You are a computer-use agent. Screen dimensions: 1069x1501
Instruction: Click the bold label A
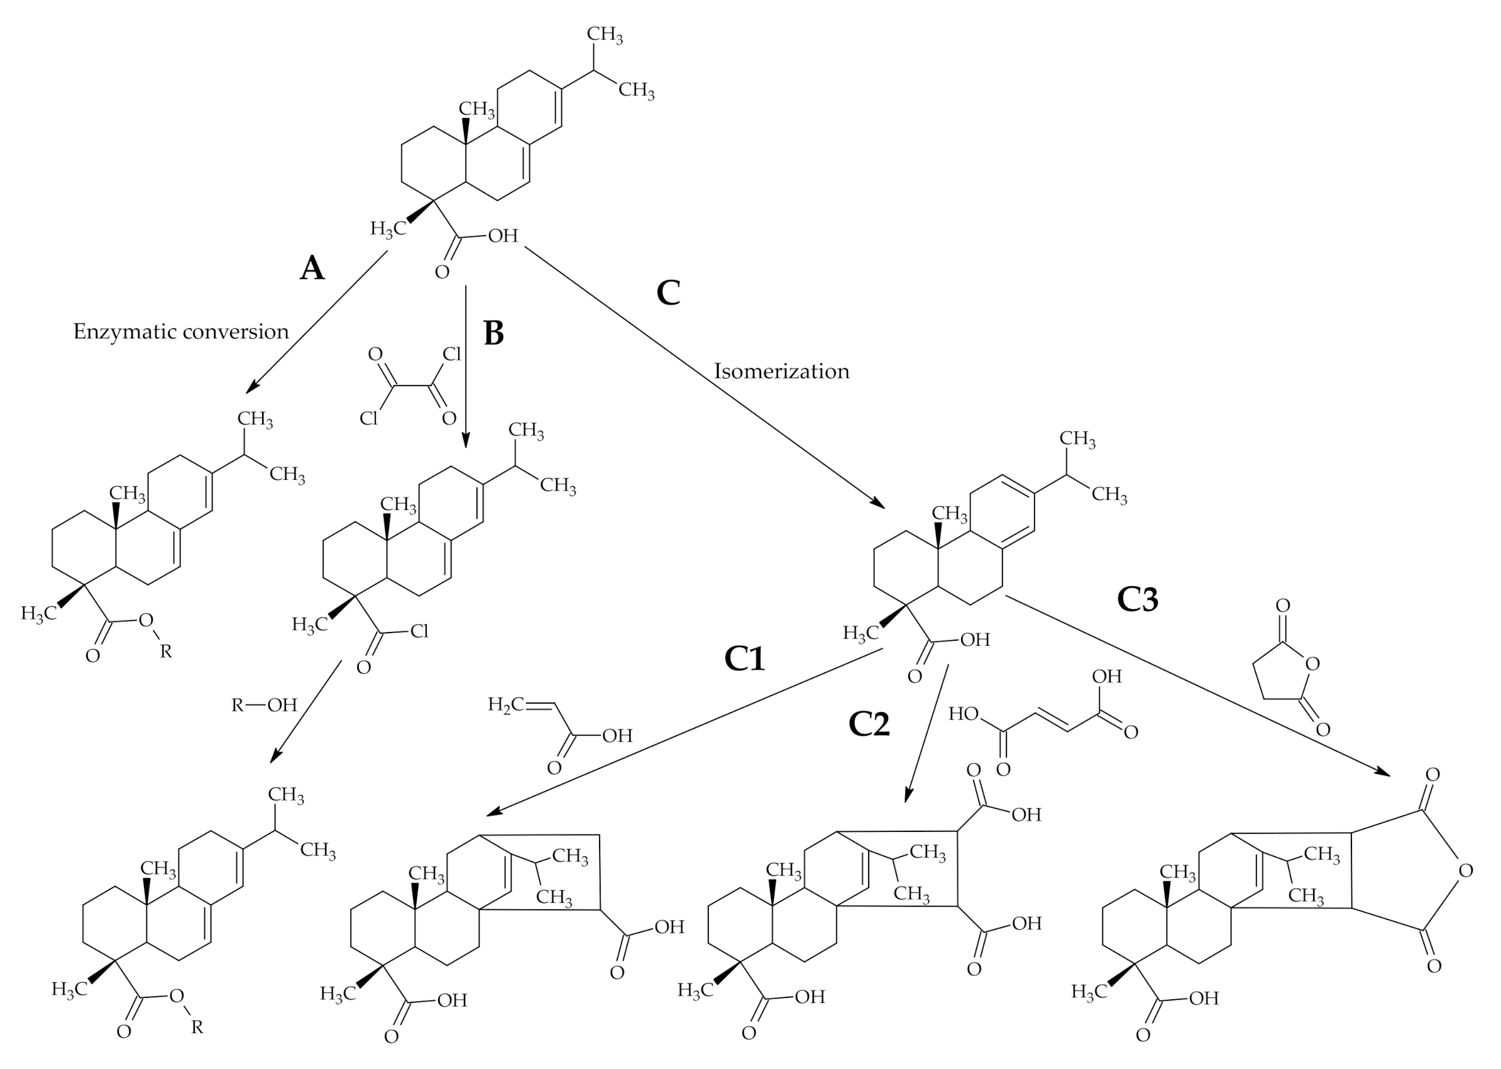[x=312, y=268]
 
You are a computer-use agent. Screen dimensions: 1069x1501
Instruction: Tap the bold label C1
[x=744, y=658]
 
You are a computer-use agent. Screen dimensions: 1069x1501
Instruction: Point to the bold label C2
[x=869, y=724]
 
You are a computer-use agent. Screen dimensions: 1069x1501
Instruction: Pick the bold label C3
[x=1137, y=599]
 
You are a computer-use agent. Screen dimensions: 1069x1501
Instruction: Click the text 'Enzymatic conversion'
[x=181, y=331]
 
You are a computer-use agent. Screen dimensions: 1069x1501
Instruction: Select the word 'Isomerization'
[x=781, y=371]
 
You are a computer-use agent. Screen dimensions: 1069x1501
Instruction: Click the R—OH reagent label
[x=265, y=705]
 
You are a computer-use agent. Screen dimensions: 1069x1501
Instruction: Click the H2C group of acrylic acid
[x=505, y=704]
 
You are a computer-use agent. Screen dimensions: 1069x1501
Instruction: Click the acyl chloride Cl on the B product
[x=419, y=631]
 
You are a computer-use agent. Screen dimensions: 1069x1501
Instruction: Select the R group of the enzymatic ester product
[x=166, y=651]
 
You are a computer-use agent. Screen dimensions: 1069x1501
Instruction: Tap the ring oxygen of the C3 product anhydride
[x=1465, y=871]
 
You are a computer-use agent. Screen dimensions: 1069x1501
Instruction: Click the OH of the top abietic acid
[x=503, y=236]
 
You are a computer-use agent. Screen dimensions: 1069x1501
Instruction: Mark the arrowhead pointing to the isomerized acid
[x=879, y=503]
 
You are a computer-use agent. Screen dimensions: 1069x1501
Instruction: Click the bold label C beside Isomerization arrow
[x=668, y=292]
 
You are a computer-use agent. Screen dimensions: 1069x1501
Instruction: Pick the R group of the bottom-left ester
[x=197, y=1027]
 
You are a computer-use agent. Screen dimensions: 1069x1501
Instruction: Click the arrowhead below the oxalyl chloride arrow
[x=466, y=441]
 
